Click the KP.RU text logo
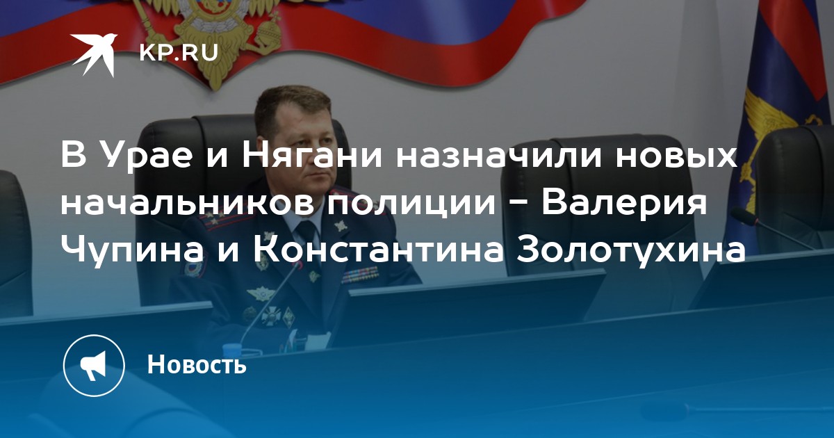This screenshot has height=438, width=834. point(179,51)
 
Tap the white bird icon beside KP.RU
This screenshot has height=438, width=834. point(95,55)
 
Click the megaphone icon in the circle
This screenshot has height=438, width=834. point(93,366)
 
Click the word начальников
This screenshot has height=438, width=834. point(186,203)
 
